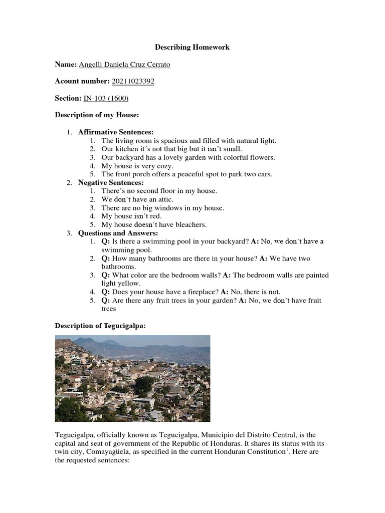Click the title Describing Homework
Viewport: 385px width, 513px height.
point(192,47)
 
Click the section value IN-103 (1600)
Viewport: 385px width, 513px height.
point(106,98)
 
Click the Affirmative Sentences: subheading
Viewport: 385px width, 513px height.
point(115,132)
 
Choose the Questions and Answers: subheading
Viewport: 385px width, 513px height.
point(118,233)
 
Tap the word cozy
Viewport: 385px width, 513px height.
point(164,166)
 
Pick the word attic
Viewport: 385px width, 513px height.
point(163,199)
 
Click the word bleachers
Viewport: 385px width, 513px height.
point(189,225)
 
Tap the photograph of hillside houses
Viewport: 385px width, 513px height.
point(132,378)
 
